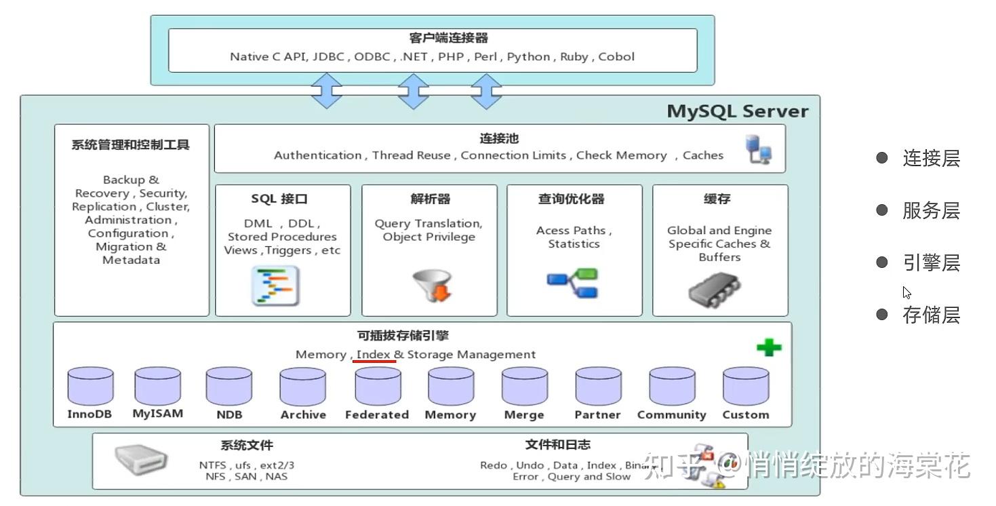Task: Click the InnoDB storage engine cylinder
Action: point(90,387)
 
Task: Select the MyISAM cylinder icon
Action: point(157,386)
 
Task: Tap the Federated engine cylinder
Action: point(378,387)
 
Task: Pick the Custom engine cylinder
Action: point(746,387)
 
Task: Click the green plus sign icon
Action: point(769,348)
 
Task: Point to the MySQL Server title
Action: point(737,111)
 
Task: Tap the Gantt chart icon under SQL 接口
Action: point(275,286)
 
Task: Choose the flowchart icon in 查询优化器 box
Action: point(573,284)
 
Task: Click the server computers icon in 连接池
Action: point(759,149)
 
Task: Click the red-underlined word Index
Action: point(374,354)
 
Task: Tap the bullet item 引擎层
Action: point(931,262)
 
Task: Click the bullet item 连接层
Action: point(931,158)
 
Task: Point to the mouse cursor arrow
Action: point(907,292)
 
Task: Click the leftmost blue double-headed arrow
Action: point(326,91)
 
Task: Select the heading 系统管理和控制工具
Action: point(131,144)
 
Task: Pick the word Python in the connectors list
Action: point(528,56)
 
